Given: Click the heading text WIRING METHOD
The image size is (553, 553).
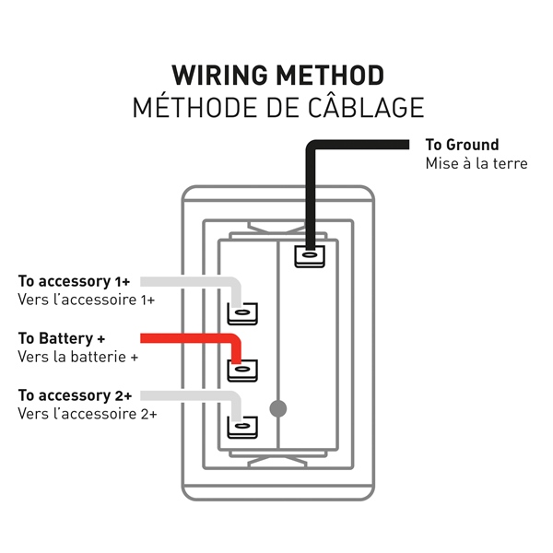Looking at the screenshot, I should click(x=277, y=75).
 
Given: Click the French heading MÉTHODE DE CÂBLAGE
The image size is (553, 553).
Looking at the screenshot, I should click(x=277, y=107).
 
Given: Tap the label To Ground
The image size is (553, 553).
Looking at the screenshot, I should click(x=462, y=145).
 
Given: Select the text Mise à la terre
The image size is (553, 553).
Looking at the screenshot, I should click(x=476, y=163).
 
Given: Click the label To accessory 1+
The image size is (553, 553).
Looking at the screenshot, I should click(x=74, y=281).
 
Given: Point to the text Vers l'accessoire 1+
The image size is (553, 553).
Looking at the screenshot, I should click(x=86, y=300).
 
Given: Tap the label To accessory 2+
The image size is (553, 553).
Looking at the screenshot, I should click(x=75, y=395).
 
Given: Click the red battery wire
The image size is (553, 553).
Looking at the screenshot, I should click(x=184, y=338).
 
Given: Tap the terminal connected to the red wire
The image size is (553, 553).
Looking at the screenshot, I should click(x=241, y=370).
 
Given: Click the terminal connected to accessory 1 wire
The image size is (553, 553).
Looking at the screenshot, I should click(x=241, y=313).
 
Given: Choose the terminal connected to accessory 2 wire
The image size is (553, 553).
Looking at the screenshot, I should click(x=241, y=427).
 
